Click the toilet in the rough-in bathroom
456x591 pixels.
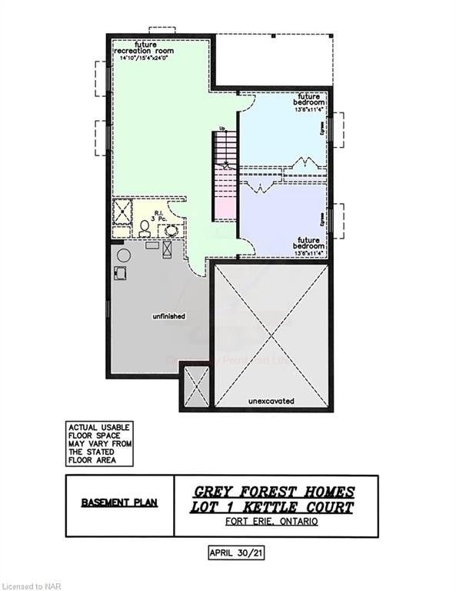tap(145, 229)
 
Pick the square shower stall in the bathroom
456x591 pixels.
tap(123, 210)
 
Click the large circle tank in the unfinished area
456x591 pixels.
tap(122, 255)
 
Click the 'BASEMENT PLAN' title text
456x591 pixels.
tap(119, 503)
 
